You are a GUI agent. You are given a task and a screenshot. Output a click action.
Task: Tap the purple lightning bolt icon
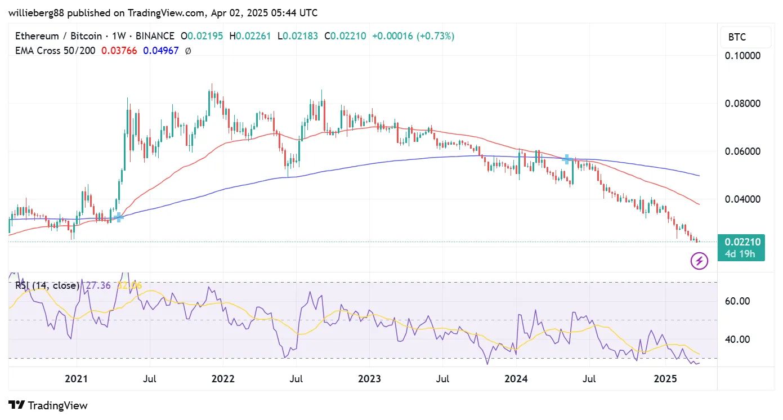[x=699, y=261]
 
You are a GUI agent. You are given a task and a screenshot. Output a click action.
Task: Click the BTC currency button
[x=737, y=37]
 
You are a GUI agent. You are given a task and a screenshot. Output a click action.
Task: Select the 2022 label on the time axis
[x=223, y=378]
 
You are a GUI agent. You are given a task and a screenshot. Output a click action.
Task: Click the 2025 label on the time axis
[x=665, y=378]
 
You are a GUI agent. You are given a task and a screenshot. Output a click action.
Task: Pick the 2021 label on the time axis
[x=77, y=378]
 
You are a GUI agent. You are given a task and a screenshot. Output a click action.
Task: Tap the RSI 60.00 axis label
[x=736, y=301]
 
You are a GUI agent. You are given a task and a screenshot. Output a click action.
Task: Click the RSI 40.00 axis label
[x=736, y=339]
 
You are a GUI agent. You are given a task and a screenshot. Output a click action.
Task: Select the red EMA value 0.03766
[x=119, y=51]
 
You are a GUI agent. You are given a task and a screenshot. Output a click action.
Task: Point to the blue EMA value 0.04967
[x=160, y=51]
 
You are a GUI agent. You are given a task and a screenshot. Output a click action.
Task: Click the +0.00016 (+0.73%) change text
[x=413, y=36]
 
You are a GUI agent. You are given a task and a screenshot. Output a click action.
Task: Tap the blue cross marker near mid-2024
[x=567, y=159]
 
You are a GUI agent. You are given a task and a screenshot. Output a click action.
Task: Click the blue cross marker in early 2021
[x=118, y=217]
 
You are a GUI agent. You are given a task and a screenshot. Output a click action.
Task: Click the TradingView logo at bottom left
[x=48, y=405]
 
